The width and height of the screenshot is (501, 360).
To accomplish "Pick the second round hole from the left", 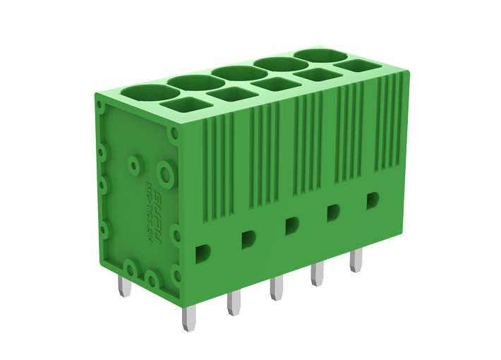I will click(192, 83).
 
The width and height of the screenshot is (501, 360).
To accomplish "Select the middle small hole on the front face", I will click(290, 225).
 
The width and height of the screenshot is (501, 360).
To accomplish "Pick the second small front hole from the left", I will click(248, 238).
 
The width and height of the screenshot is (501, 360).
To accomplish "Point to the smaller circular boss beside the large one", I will click(132, 167).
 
